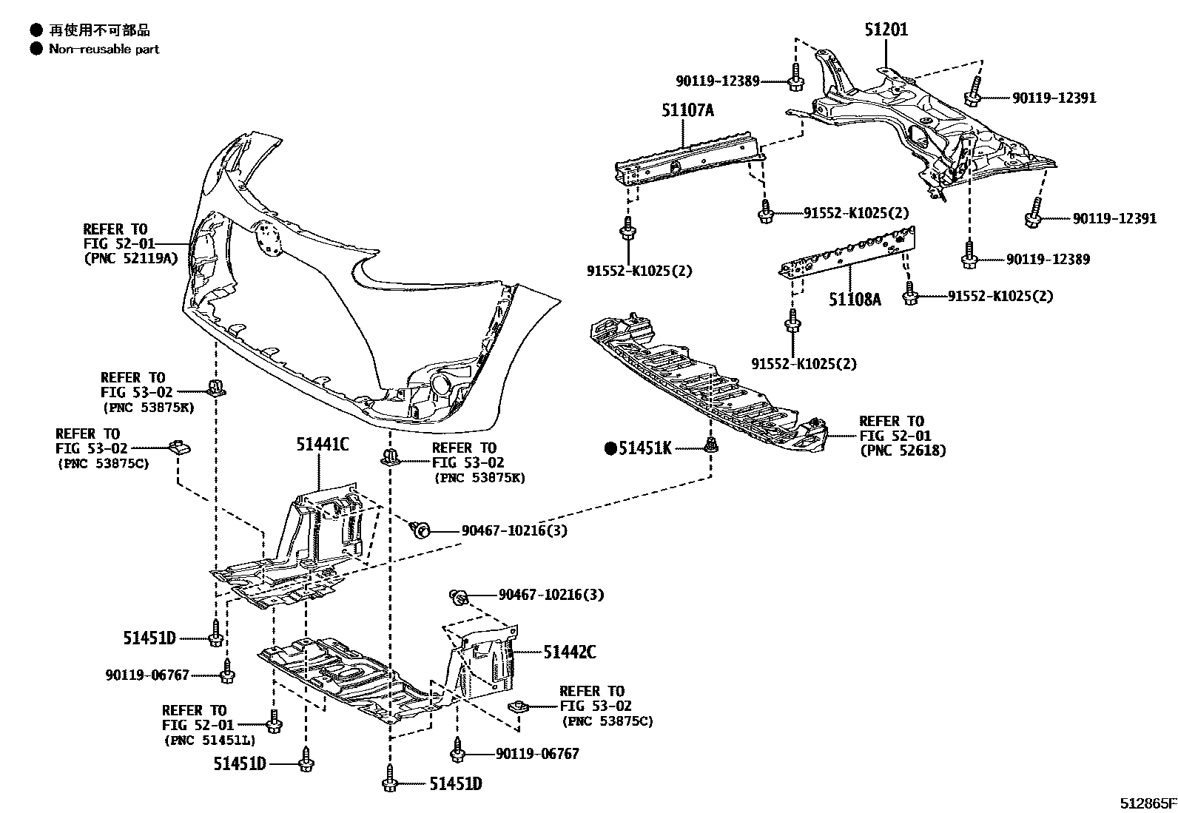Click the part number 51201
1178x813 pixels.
pos(886,30)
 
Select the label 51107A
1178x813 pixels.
pos(687,111)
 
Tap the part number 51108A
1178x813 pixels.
pos(855,300)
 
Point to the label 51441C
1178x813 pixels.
pos(323,445)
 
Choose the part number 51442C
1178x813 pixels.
pos(570,652)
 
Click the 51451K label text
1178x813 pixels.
pos(645,448)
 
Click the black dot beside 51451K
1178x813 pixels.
pos(611,448)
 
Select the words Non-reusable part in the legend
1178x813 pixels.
pos(104,50)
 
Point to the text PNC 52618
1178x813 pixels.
pos(902,450)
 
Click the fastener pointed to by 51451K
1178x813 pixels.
pos(711,445)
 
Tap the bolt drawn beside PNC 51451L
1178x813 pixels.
pos(274,721)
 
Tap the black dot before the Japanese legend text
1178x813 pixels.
pos(36,30)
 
